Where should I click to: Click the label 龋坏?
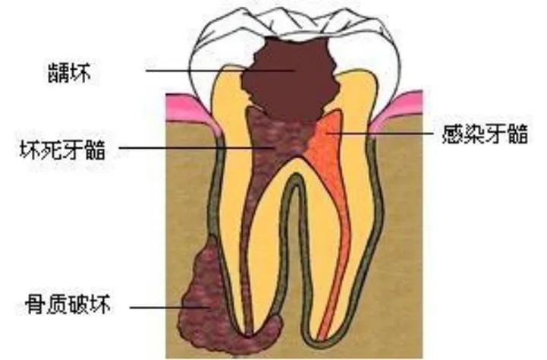pyautogui.click(x=69, y=73)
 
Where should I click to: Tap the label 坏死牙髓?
pyautogui.click(x=62, y=150)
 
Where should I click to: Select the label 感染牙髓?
pyautogui.click(x=485, y=134)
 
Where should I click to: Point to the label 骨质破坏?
pyautogui.click(x=68, y=305)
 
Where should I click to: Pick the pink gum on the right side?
pyautogui.click(x=397, y=110)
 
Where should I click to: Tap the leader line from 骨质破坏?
pyautogui.click(x=170, y=308)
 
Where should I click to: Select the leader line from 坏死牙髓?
pyautogui.click(x=195, y=147)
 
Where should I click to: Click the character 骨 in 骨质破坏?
pyautogui.click(x=35, y=305)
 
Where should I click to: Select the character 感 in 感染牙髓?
pyautogui.click(x=453, y=134)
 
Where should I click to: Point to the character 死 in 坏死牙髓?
pyautogui.click(x=52, y=150)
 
